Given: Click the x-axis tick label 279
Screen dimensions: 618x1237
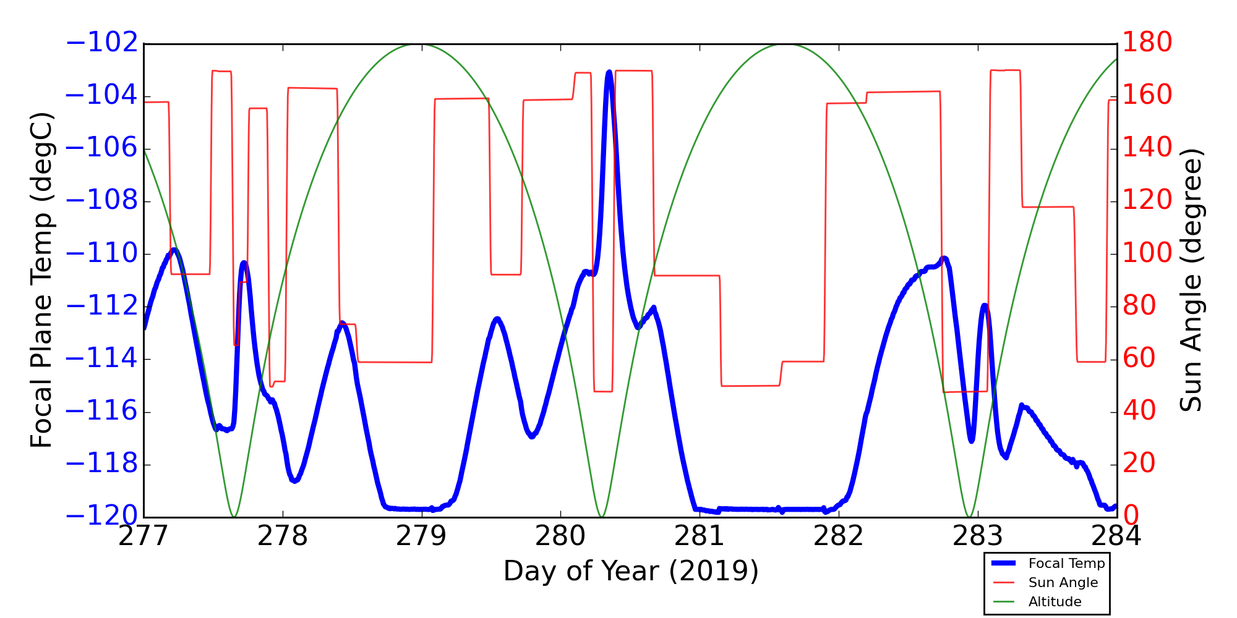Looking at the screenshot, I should (x=421, y=536).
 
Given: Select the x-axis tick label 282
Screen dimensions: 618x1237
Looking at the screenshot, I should (x=838, y=536).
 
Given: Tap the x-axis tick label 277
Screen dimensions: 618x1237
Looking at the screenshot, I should (x=143, y=536).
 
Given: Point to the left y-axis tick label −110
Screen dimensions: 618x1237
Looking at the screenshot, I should (x=101, y=253).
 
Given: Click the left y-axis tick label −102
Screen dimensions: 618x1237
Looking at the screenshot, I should (x=101, y=43).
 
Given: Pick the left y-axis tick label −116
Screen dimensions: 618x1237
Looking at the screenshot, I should (x=101, y=412).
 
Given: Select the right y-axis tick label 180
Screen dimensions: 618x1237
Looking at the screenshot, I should (x=1147, y=43).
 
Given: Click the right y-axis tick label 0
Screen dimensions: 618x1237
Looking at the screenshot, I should (x=1131, y=516).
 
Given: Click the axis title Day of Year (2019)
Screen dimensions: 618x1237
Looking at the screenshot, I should (x=630, y=571).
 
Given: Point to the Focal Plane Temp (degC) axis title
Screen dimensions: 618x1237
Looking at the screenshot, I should (x=41, y=280).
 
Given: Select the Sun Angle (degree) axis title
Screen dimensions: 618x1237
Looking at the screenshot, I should (x=1191, y=280).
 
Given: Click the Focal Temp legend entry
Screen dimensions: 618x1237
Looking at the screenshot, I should (x=1066, y=564).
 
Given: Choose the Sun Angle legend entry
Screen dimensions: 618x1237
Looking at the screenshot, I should (x=1063, y=583).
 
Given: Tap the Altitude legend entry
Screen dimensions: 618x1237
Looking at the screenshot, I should (x=1055, y=602).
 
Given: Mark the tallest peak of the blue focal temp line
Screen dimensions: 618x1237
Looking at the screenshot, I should (x=609, y=72).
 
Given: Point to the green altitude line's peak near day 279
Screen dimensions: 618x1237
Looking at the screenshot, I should (x=421, y=44).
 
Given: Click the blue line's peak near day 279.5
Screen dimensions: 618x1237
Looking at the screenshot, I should (x=497, y=319).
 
